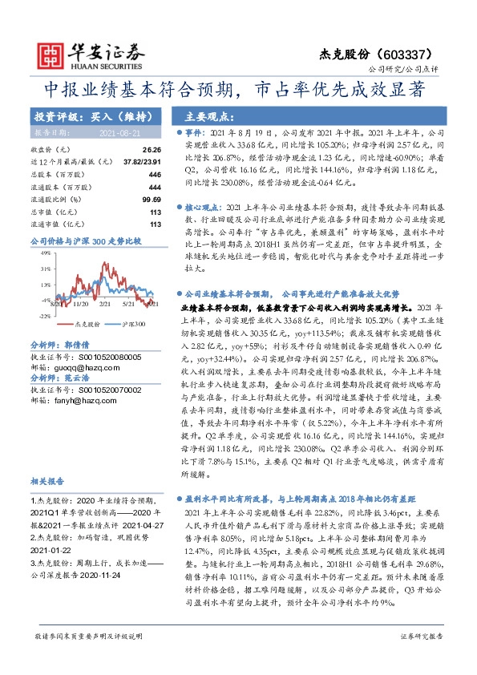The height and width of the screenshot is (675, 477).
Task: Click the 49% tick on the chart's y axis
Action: (x=45, y=253)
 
